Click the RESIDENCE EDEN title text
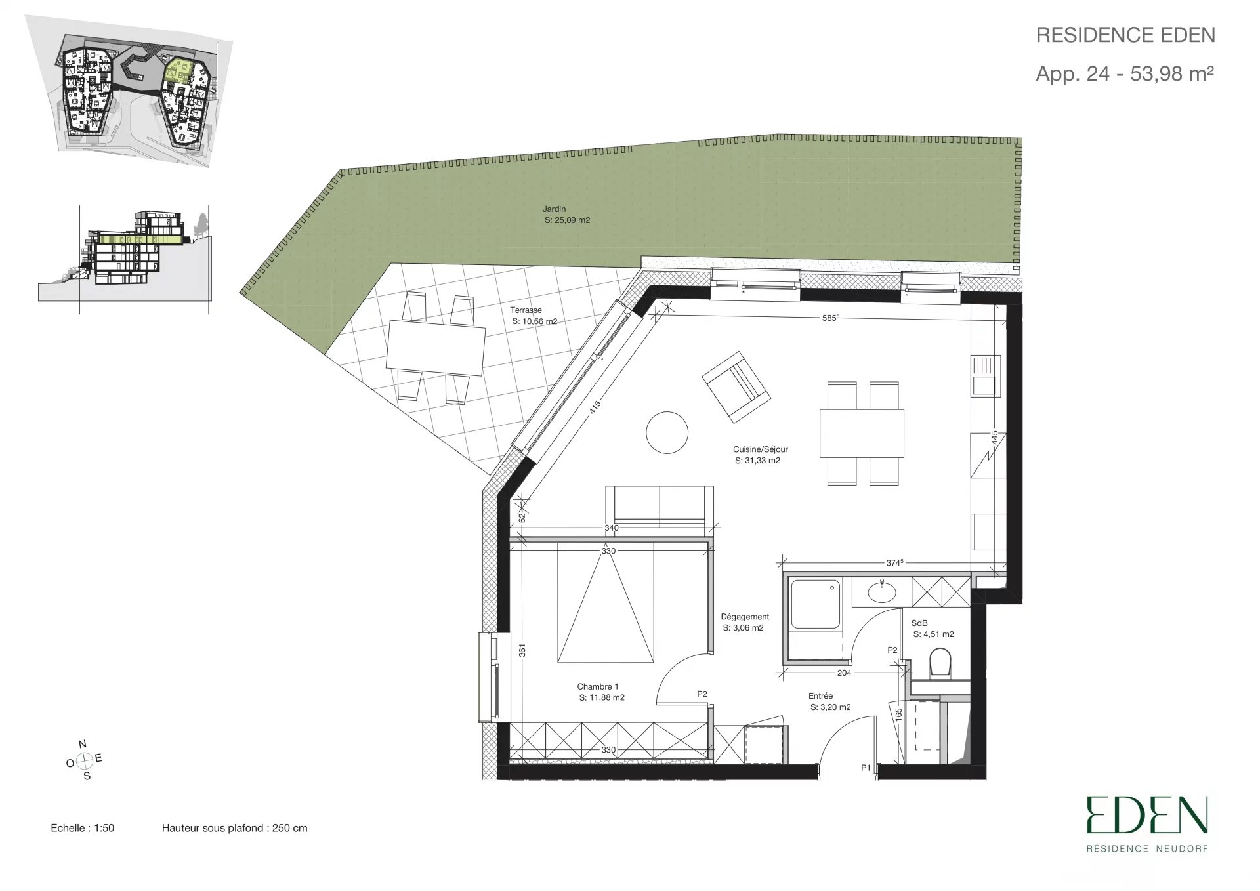pos(1125,35)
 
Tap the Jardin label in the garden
pos(554,209)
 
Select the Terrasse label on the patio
pos(526,310)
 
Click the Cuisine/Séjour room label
pos(760,449)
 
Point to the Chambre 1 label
pos(598,687)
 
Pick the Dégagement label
pos(745,617)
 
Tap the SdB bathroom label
pos(919,623)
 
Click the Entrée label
pos(820,696)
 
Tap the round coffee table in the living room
pos(667,432)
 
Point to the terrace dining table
pos(436,348)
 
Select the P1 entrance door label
pos(866,768)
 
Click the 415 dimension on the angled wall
pos(594,408)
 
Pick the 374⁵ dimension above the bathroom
pos(894,562)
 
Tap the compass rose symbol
pos(84,760)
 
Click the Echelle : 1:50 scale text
pos(83,828)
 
